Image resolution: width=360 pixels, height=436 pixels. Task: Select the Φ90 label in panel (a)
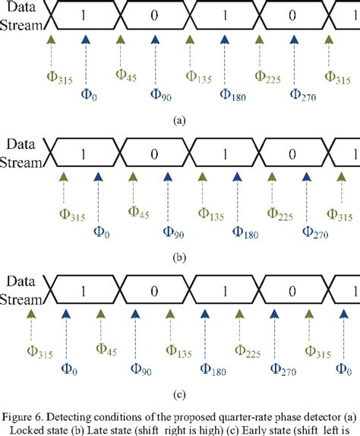click(x=160, y=94)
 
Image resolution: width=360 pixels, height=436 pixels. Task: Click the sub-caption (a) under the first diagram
click(x=180, y=119)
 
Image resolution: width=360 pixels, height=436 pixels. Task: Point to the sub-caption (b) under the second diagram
click(x=180, y=257)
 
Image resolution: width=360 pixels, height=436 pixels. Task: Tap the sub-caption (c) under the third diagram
click(x=180, y=394)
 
